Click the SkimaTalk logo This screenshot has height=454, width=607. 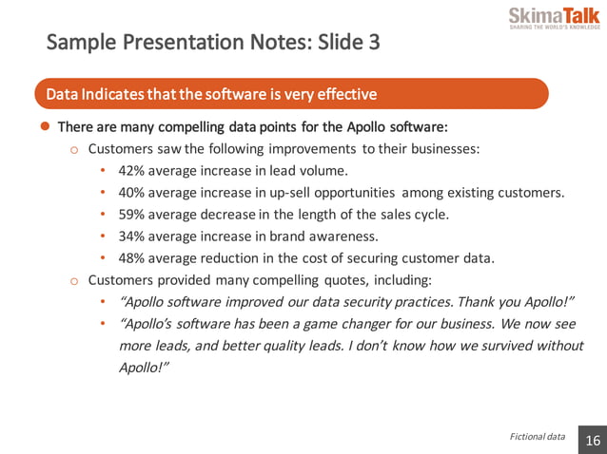point(554,19)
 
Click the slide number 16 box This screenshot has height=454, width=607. point(592,441)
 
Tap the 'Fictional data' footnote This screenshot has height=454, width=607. point(537,437)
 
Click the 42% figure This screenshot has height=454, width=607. point(132,172)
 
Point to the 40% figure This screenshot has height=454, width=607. point(132,193)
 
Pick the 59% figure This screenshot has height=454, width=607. point(132,215)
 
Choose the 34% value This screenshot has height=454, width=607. point(132,236)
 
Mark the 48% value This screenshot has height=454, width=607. point(132,258)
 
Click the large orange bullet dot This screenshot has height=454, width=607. point(44,126)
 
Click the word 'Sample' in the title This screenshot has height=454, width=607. point(79,43)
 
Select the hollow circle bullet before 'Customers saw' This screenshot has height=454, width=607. point(74,150)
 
